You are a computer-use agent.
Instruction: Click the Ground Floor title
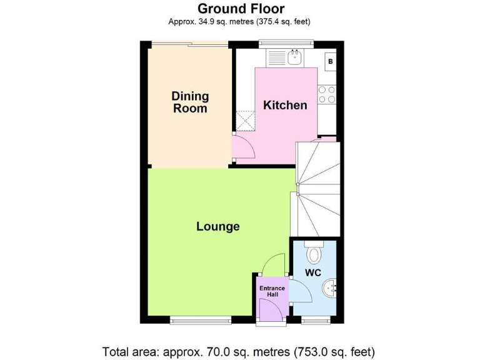click(x=241, y=9)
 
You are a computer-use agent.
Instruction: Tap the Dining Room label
click(x=190, y=102)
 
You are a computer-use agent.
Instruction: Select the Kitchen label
click(x=285, y=105)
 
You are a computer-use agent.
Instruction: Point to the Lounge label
click(x=218, y=226)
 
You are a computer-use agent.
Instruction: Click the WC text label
click(x=312, y=273)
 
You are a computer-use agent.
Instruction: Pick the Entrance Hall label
click(x=272, y=291)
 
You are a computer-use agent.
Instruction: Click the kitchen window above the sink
click(x=286, y=43)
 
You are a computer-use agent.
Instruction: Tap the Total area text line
click(x=239, y=351)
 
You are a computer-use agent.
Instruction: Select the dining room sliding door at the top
click(x=188, y=44)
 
